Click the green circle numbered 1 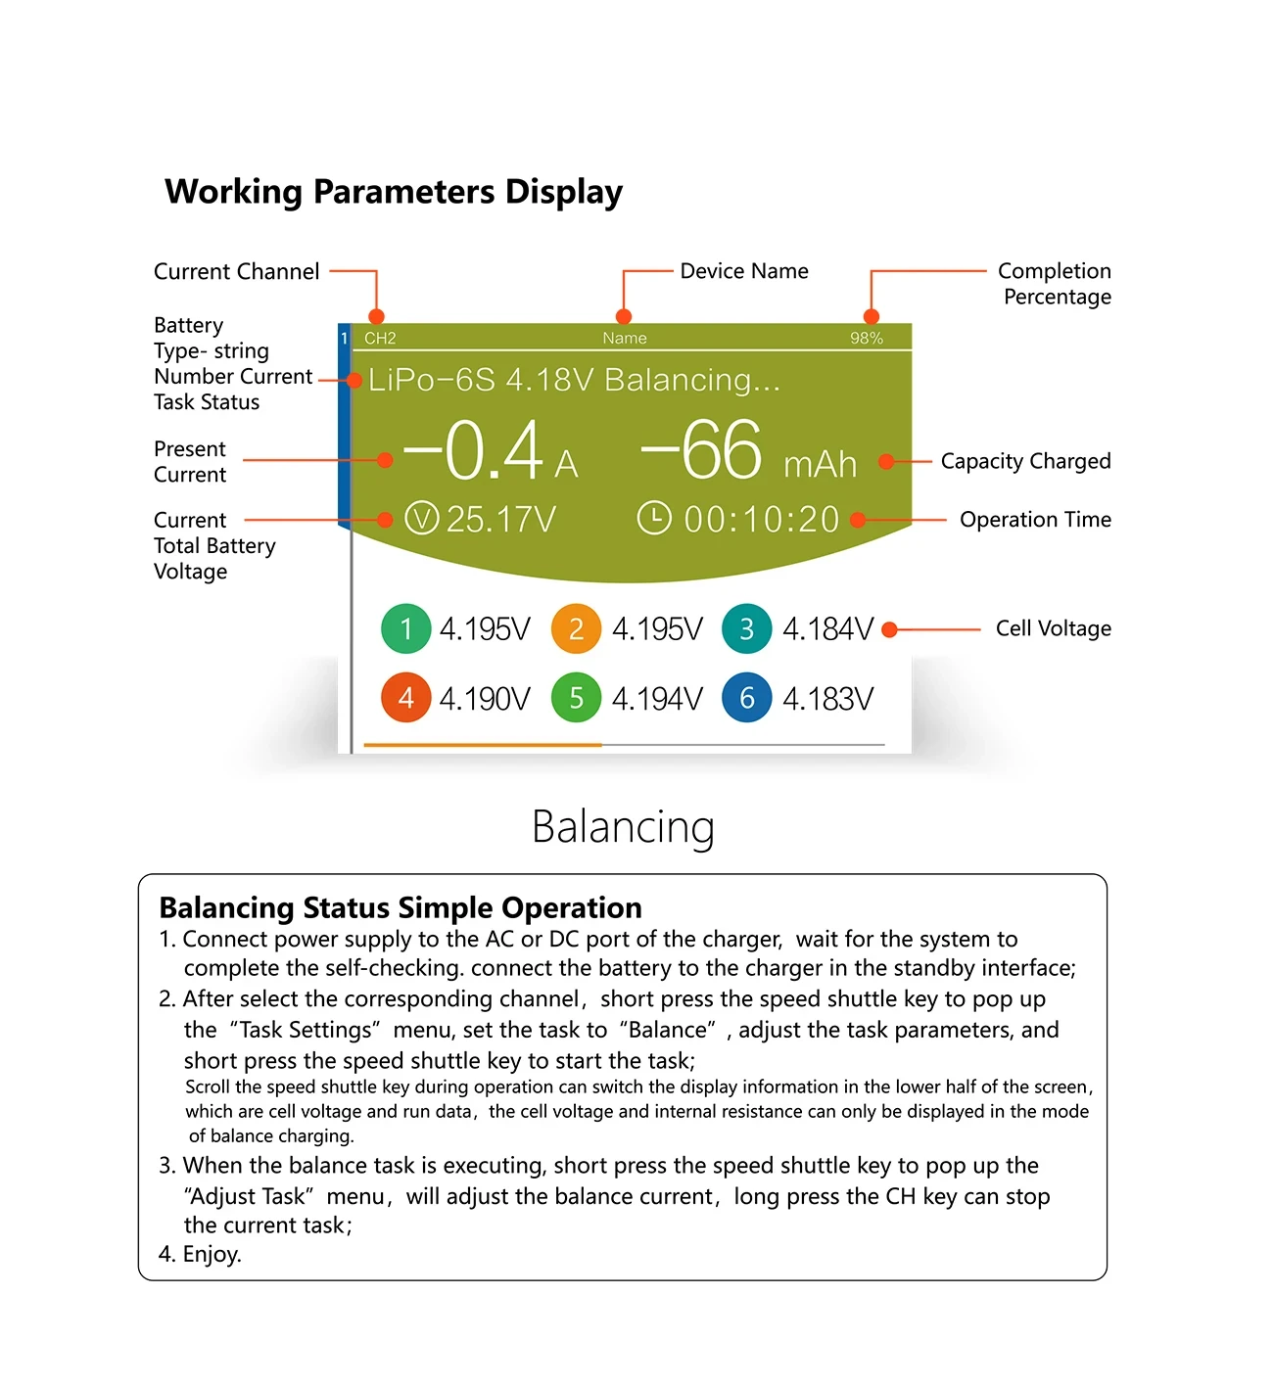[405, 628]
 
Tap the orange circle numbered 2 [576, 628]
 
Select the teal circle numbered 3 [746, 628]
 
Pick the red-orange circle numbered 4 [405, 698]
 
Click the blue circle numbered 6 [746, 698]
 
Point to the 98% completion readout [866, 339]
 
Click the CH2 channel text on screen [380, 339]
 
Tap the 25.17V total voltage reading [500, 520]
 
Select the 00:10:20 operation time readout [761, 520]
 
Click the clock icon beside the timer [654, 518]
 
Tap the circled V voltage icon [421, 518]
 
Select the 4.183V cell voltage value [827, 699]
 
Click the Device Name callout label [744, 271]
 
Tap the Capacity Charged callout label [1025, 461]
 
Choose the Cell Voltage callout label [1053, 628]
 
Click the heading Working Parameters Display [394, 192]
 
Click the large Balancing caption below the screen [623, 827]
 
